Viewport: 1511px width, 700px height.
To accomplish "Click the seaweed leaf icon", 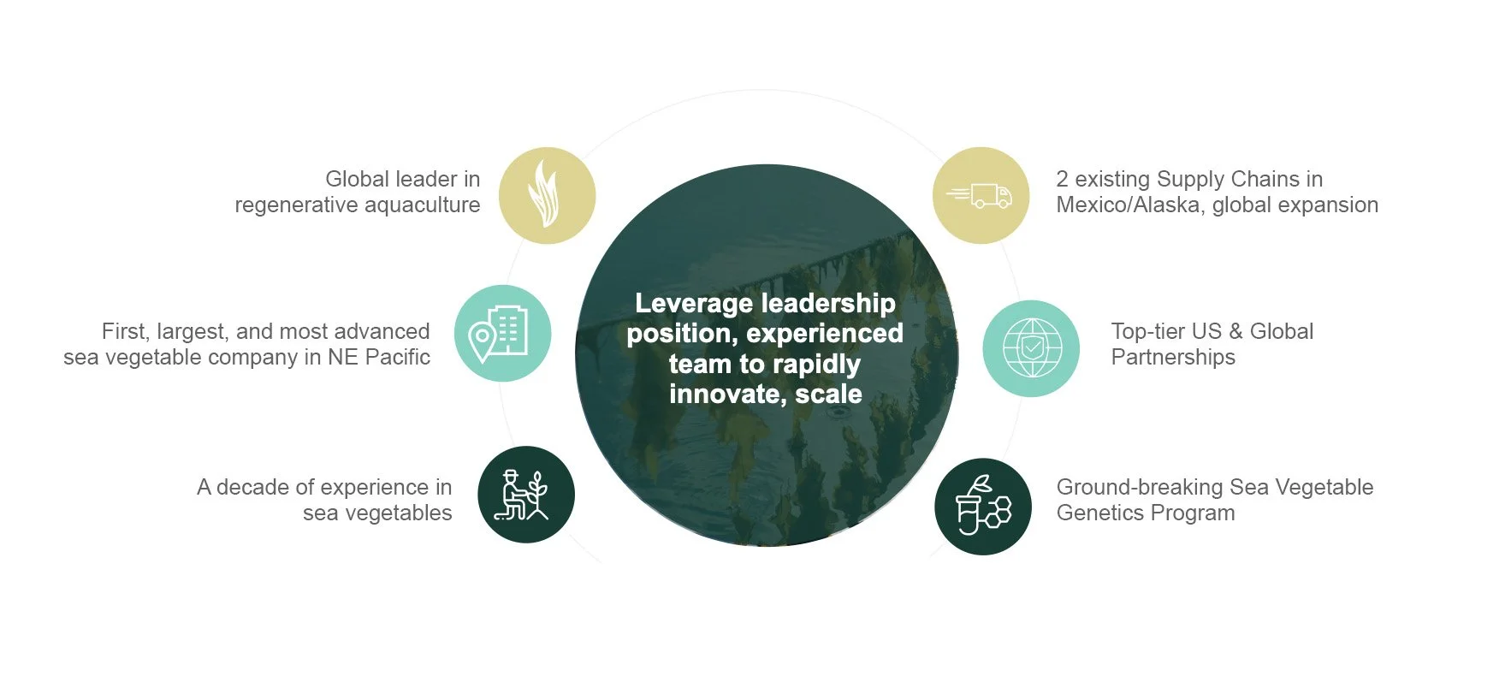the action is (x=547, y=195).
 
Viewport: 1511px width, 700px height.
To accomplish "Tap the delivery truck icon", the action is (x=981, y=195).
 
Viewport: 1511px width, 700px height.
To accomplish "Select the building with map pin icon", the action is (x=502, y=333).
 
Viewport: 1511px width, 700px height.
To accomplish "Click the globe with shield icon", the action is (x=1031, y=348).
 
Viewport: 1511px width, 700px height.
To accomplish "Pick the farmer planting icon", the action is (x=525, y=495).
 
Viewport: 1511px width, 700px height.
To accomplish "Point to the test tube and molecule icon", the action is (x=983, y=506).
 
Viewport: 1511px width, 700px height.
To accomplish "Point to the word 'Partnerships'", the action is (x=1173, y=358).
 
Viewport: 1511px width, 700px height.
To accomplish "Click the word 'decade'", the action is (x=252, y=488).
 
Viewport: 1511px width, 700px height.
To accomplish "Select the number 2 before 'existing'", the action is (x=1062, y=180).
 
